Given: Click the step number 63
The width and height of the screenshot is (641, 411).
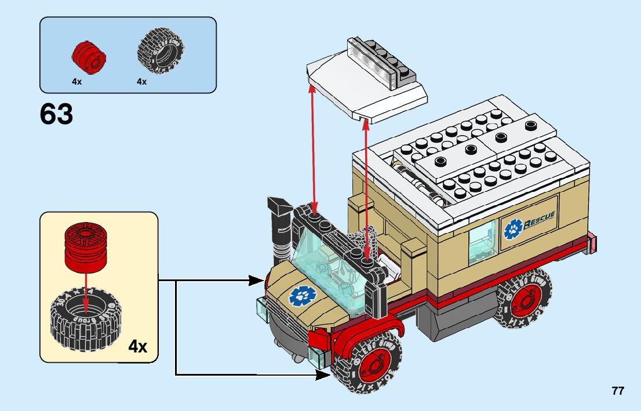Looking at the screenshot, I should (x=57, y=114).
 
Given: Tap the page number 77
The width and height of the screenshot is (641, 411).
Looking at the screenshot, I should (x=618, y=391).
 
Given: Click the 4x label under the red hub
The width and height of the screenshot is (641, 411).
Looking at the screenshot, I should (x=77, y=82).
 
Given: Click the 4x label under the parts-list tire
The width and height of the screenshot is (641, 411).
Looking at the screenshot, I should (x=141, y=82).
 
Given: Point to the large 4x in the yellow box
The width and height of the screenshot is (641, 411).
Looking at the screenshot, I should (x=137, y=347).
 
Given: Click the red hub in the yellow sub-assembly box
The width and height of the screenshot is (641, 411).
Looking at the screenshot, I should (x=86, y=248).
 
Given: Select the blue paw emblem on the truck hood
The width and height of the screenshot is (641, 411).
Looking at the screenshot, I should (x=300, y=297).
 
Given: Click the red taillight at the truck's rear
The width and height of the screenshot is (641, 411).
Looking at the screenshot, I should (x=592, y=243).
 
